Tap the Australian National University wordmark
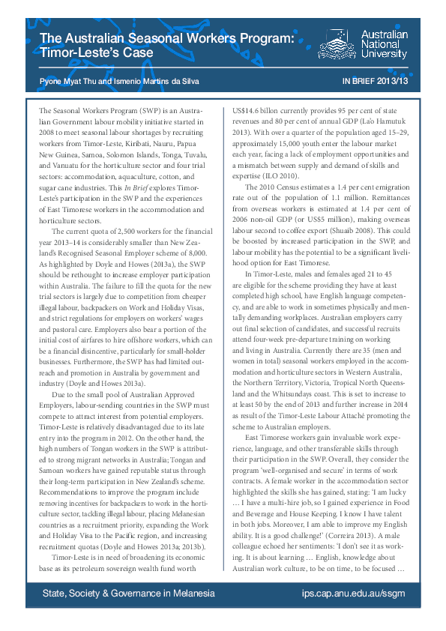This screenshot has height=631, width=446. pyautogui.click(x=385, y=44)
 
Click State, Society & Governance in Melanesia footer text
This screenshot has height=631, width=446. pyautogui.click(x=127, y=593)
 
